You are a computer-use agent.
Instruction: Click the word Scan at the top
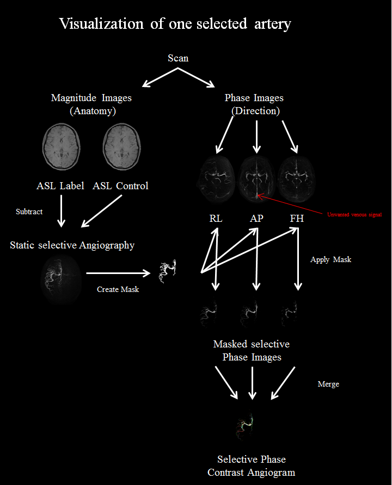178,58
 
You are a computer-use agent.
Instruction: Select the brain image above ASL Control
120,146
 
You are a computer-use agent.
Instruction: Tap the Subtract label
29,212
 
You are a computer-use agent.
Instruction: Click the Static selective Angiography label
72,245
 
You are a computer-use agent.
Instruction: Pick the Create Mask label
118,289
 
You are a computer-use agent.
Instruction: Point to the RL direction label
216,219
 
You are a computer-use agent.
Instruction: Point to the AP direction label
256,219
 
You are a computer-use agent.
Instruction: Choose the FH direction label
297,219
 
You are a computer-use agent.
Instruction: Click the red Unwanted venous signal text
354,215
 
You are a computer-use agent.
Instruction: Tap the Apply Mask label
330,259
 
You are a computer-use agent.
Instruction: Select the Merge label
328,384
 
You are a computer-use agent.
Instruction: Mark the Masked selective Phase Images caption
252,351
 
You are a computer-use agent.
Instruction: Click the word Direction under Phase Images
255,111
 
